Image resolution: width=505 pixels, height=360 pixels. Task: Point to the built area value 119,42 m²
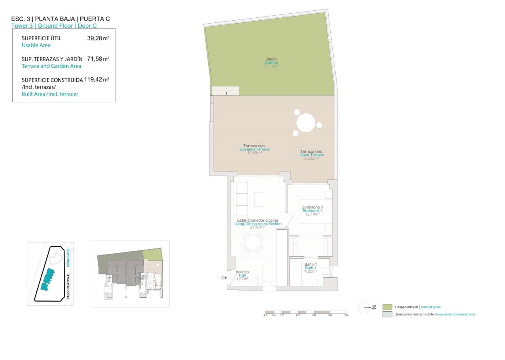pos(96,79)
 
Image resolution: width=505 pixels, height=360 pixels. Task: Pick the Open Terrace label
pos(311,155)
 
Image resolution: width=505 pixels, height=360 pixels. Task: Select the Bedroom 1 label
pos(312,211)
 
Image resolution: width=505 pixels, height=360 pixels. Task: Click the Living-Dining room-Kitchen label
pos(257,223)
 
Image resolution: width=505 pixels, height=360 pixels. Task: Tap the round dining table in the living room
pos(252,243)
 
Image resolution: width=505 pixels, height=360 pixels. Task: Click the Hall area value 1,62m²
pos(242,279)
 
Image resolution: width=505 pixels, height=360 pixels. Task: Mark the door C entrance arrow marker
pos(224,278)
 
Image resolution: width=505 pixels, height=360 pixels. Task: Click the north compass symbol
pos(366,307)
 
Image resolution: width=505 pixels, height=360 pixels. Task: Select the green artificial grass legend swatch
pos(387,307)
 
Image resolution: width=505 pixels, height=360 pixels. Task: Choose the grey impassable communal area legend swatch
pos(387,314)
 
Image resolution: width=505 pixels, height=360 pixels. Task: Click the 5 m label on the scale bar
pos(346,315)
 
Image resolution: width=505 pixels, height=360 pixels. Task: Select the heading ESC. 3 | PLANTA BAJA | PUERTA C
pos(60,19)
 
